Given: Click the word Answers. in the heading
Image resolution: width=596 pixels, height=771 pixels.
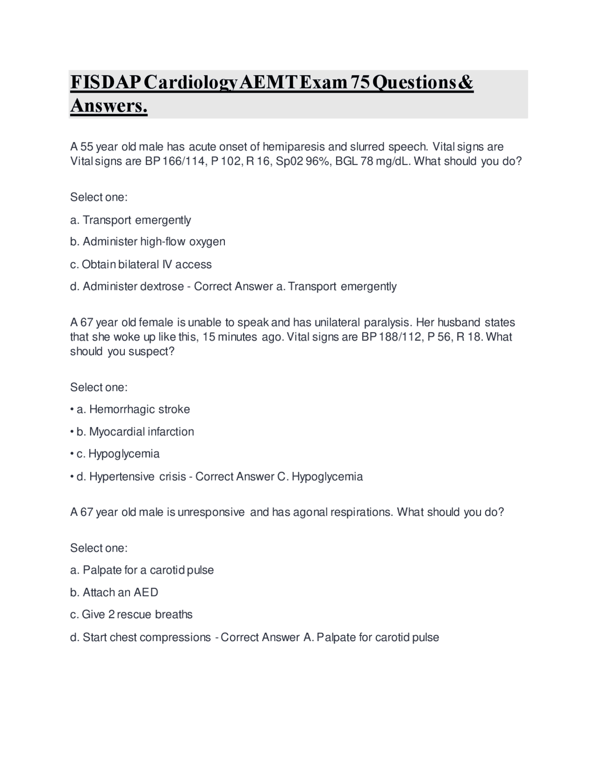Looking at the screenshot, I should click(x=109, y=106).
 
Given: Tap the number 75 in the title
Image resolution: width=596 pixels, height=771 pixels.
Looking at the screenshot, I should click(x=360, y=82).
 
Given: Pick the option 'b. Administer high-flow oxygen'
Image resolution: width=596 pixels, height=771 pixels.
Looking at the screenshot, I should click(x=148, y=242).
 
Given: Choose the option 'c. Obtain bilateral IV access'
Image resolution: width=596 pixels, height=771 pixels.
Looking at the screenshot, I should click(x=141, y=264).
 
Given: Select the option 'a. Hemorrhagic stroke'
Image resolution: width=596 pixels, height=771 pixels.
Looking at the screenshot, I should click(x=133, y=409).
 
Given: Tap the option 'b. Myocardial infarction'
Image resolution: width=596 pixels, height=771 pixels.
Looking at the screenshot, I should click(x=135, y=432).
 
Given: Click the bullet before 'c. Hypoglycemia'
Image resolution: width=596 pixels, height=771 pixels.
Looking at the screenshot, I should click(x=72, y=454).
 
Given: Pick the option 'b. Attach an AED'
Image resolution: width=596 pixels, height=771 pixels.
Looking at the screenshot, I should click(x=114, y=592).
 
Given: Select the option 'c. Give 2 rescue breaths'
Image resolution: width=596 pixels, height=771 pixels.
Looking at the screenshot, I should click(x=131, y=615).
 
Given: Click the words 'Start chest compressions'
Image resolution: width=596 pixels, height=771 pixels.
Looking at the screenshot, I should click(x=147, y=637).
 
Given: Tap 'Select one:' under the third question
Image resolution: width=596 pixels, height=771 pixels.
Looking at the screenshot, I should click(x=99, y=548).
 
